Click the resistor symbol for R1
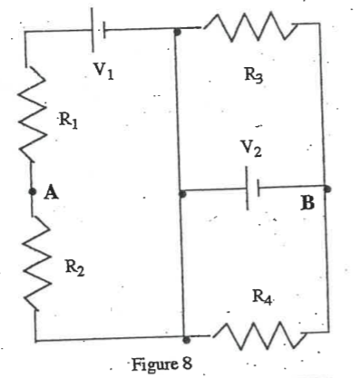coord(34,116)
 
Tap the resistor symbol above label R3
coord(250,29)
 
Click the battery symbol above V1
coord(99,29)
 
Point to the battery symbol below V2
coord(252,189)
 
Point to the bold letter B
coord(308,203)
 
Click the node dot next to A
coord(33,191)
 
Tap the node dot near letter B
coord(326,189)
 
